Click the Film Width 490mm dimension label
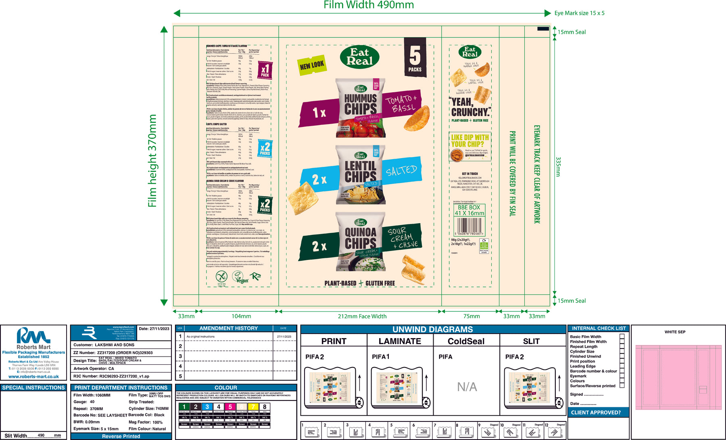369,5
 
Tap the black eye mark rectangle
543,29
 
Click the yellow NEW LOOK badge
312,64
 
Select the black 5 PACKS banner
415,57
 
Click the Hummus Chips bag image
360,108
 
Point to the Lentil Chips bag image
360,175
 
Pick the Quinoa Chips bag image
360,241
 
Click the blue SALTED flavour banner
401,171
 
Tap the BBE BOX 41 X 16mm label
469,210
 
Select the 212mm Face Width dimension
362,316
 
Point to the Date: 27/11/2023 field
154,329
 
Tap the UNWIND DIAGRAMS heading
432,329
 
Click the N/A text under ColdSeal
467,387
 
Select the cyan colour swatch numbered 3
207,407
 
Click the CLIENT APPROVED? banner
596,413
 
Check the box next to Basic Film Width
622,336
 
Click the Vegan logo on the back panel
240,277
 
